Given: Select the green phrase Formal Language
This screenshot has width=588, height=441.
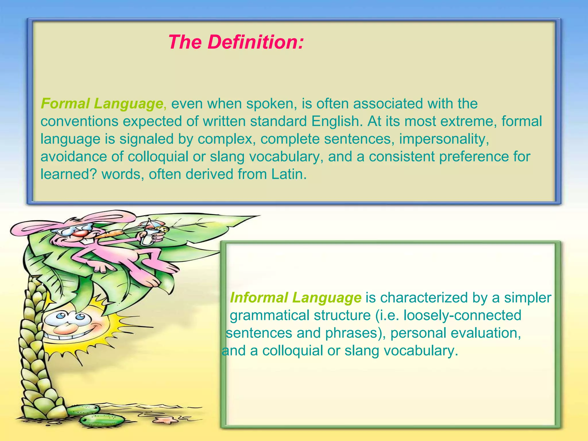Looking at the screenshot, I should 102,104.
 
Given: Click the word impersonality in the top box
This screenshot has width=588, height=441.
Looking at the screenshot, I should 444,139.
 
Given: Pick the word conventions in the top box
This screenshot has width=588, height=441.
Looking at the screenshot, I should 80,121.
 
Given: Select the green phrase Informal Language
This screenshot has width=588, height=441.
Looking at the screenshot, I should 295,297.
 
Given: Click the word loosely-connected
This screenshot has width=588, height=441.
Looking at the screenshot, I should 462,315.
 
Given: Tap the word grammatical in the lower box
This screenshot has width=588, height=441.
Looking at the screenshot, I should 271,315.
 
